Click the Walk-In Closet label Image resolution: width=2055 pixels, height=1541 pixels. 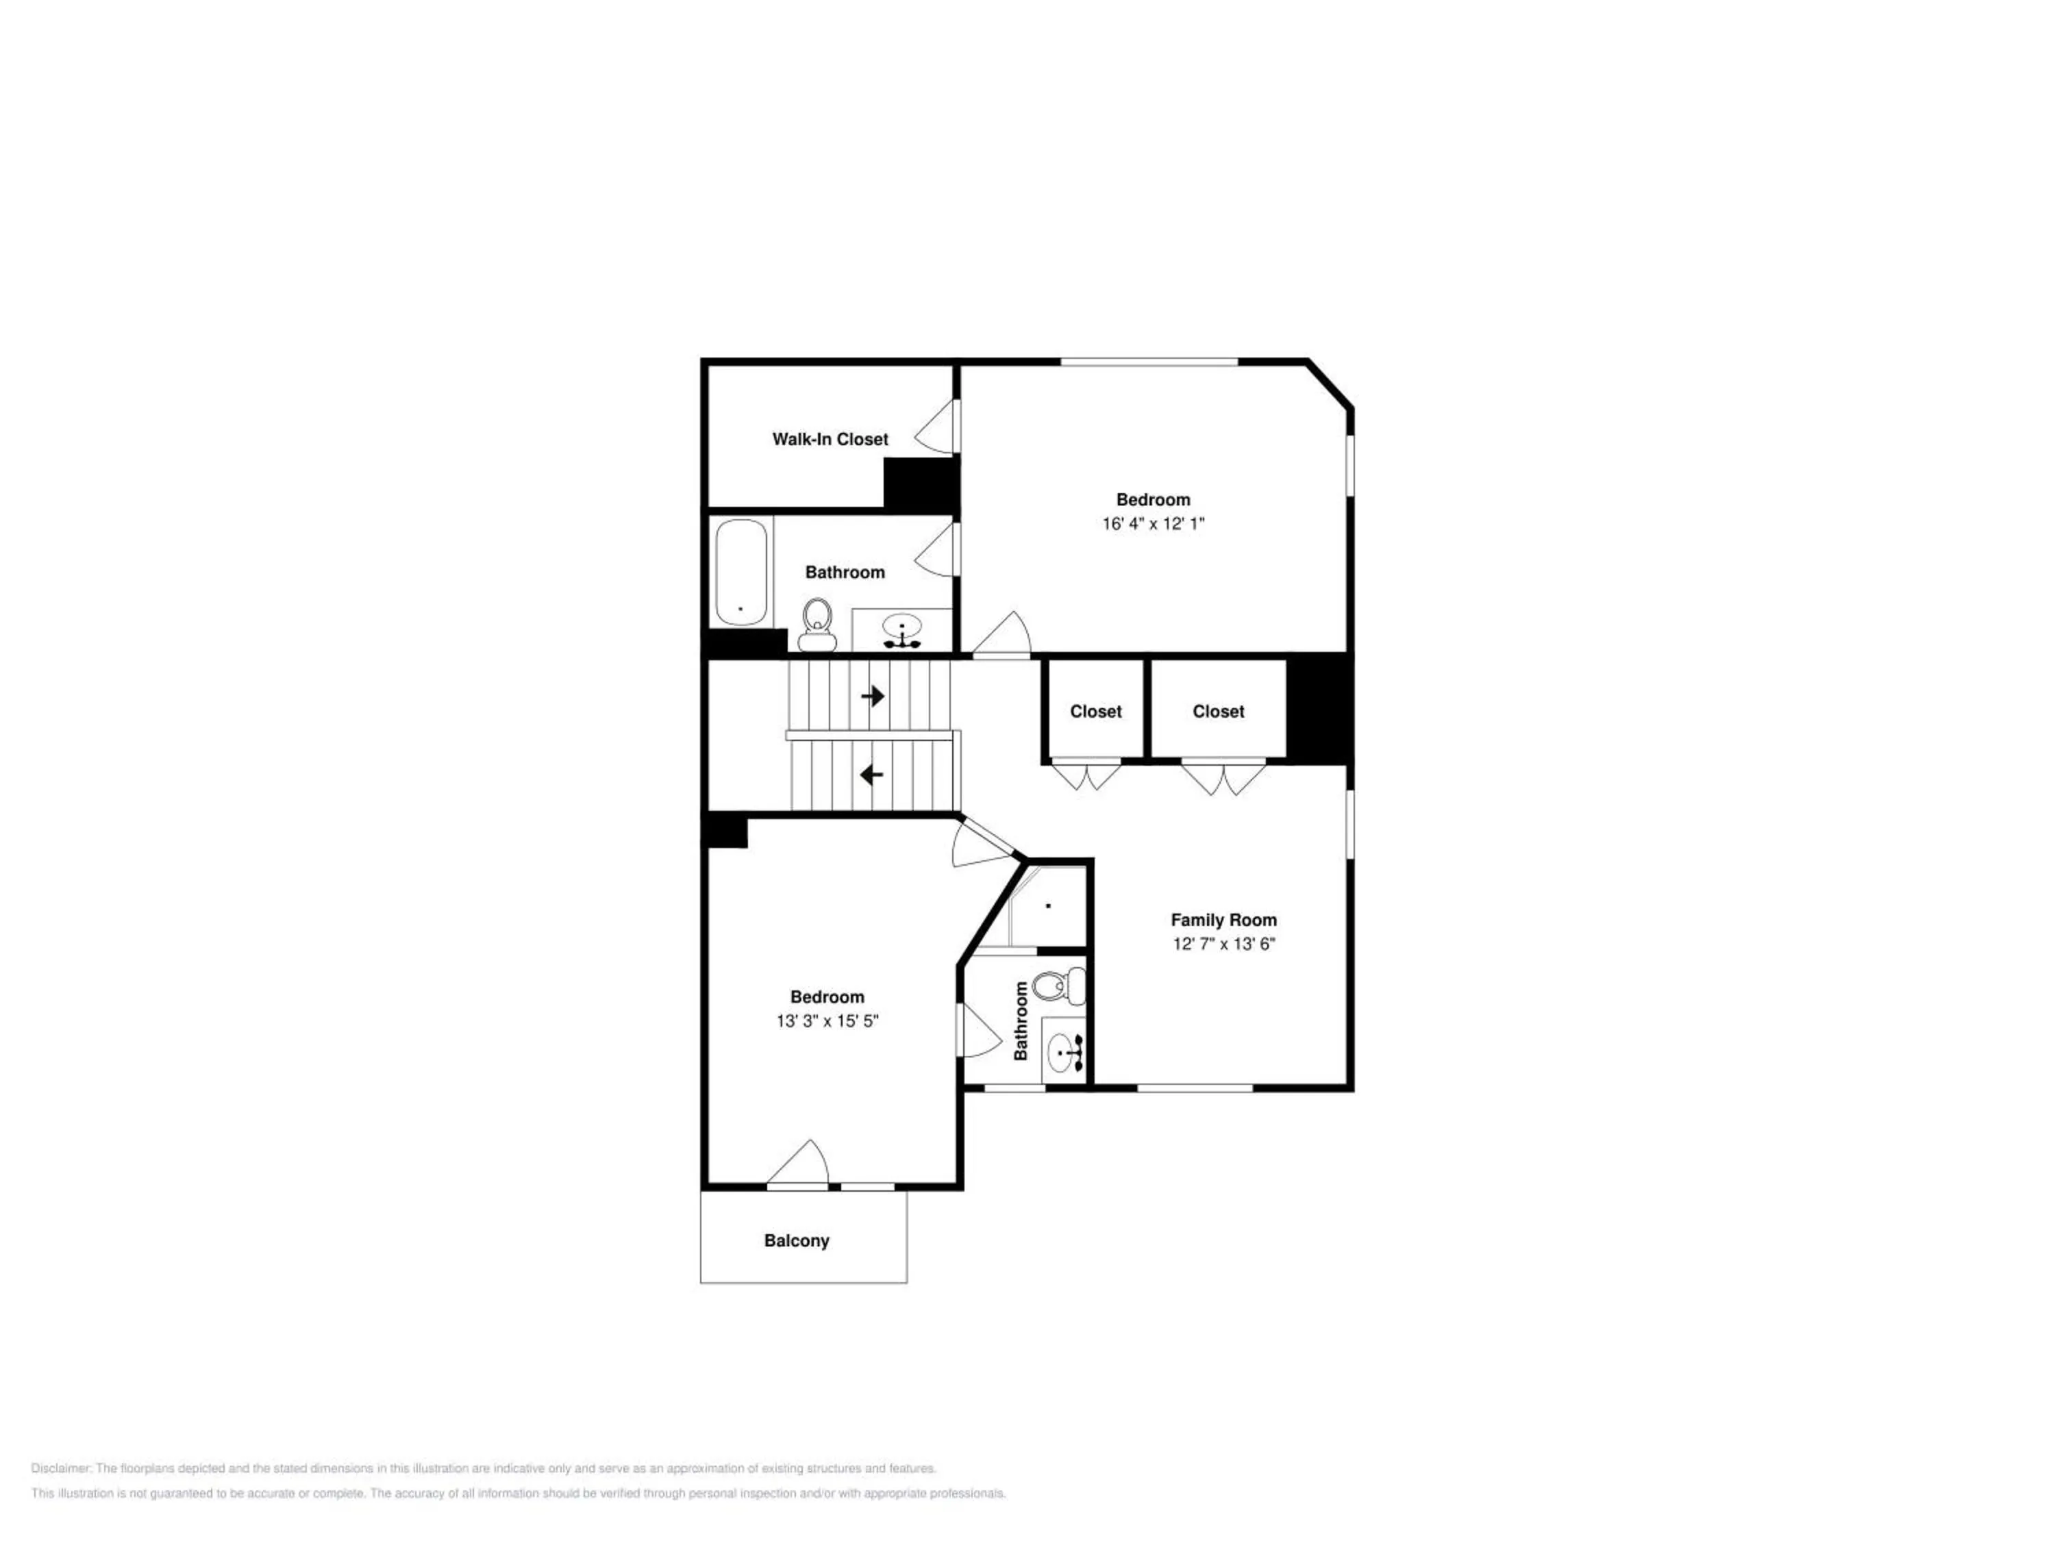tap(830, 440)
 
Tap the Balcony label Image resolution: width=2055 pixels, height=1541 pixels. tap(796, 1241)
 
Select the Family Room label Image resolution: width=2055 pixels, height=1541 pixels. tap(1223, 920)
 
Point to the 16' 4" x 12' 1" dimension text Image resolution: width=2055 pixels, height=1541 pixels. tap(1153, 524)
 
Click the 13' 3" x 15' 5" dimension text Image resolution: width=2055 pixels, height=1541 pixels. tap(827, 1022)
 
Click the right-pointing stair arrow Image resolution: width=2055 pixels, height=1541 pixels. tap(873, 696)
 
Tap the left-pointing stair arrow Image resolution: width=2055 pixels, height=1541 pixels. tap(871, 774)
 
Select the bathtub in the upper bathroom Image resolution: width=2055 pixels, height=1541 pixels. tap(741, 572)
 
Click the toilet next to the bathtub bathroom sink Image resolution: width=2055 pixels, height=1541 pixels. tap(817, 625)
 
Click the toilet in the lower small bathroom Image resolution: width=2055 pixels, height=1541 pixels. tap(1059, 986)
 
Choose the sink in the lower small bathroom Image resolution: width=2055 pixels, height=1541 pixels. tap(1064, 1053)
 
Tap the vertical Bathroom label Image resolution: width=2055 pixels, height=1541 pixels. tap(1021, 1022)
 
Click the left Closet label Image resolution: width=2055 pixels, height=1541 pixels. tap(1095, 712)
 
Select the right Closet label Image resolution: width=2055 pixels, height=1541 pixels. tap(1218, 712)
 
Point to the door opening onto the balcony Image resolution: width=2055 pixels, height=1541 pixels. tap(798, 1165)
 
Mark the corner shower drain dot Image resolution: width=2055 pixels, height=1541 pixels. tap(1049, 905)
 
